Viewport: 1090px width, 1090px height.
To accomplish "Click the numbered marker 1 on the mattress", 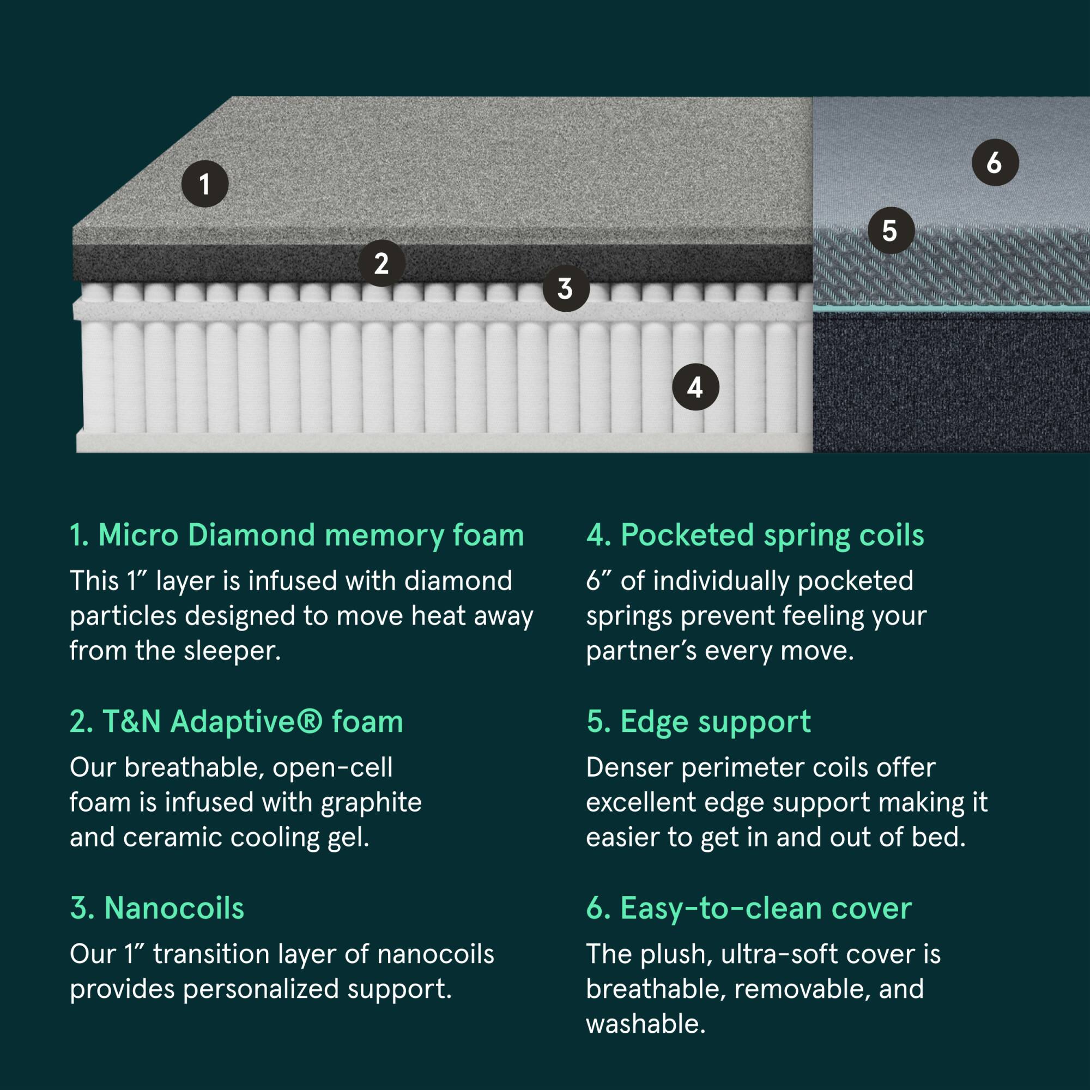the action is click(205, 184).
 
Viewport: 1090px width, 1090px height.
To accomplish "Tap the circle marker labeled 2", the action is click(381, 263).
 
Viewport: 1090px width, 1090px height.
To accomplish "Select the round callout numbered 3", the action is click(566, 289).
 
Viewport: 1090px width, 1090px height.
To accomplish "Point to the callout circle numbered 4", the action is click(695, 387).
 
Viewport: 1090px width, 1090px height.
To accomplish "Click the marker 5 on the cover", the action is click(891, 231).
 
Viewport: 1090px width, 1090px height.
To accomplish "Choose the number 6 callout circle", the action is click(995, 163).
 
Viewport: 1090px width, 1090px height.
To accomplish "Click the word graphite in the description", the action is click(371, 802).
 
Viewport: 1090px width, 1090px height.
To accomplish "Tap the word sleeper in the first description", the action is click(231, 652).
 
